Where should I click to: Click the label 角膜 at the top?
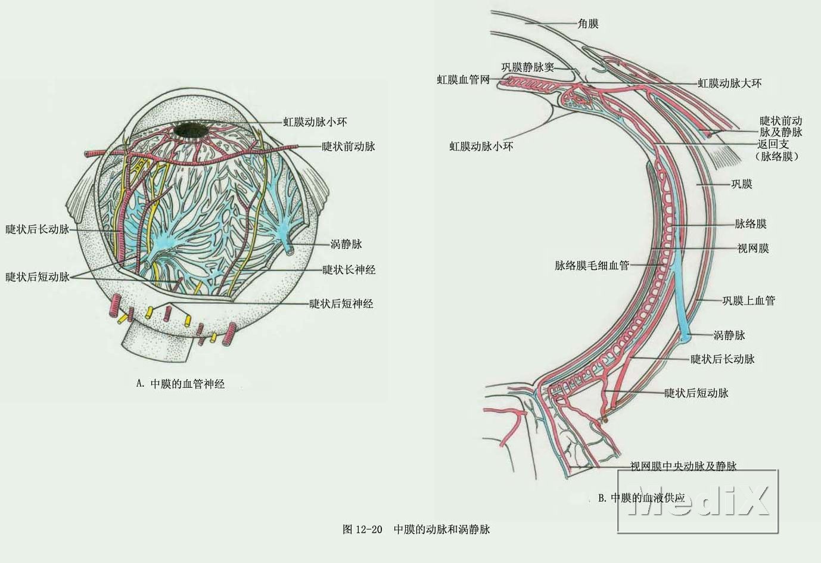pyautogui.click(x=588, y=24)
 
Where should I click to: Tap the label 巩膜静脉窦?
pyautogui.click(x=527, y=67)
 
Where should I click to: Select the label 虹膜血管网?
pyautogui.click(x=463, y=80)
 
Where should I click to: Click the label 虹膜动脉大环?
pyautogui.click(x=729, y=83)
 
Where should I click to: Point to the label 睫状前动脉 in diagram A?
pyautogui.click(x=348, y=147)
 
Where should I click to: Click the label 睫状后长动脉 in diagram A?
pyautogui.click(x=37, y=229)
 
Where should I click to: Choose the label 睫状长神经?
pyautogui.click(x=349, y=270)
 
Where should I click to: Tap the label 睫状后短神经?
pyautogui.click(x=341, y=304)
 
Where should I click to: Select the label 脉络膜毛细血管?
pyautogui.click(x=592, y=266)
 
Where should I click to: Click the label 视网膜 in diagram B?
pyautogui.click(x=752, y=248)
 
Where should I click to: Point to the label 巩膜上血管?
pyautogui.click(x=748, y=301)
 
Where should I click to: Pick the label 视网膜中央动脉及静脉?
pyautogui.click(x=683, y=466)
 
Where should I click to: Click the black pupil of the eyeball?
pyautogui.click(x=191, y=130)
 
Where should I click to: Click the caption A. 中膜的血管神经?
pyautogui.click(x=180, y=384)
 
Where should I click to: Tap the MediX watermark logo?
pyautogui.click(x=698, y=500)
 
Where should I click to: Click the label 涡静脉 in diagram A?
pyautogui.click(x=346, y=244)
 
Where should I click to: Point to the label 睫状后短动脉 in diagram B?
pyautogui.click(x=696, y=393)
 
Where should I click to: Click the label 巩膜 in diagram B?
pyautogui.click(x=741, y=184)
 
